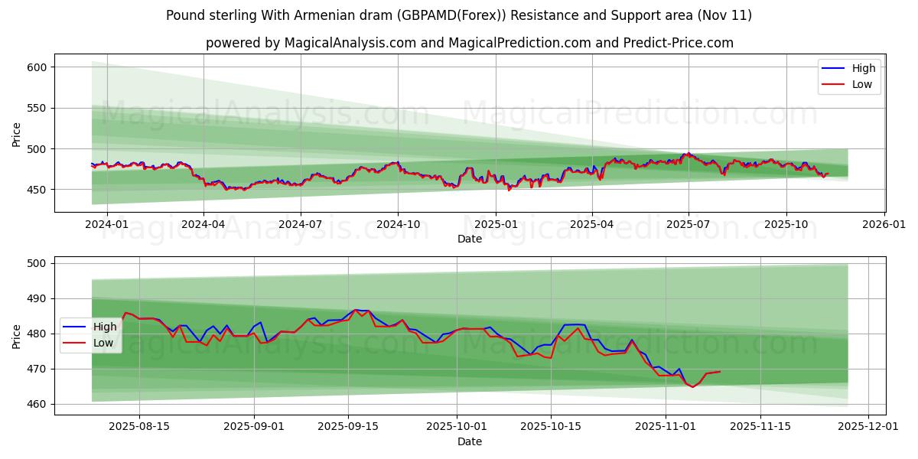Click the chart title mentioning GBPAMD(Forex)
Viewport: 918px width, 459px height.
pos(459,15)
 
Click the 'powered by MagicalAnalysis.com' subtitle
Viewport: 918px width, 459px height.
pos(469,43)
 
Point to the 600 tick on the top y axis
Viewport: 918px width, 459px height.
pos(37,67)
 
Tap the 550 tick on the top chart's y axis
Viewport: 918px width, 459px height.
pos(37,108)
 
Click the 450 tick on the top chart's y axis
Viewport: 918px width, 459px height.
pos(37,190)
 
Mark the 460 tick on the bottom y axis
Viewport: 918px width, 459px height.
pos(37,404)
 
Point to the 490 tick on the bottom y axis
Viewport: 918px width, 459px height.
pos(37,298)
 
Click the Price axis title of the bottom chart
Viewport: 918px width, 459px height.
pos(17,335)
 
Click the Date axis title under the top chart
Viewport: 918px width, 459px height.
pos(469,239)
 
